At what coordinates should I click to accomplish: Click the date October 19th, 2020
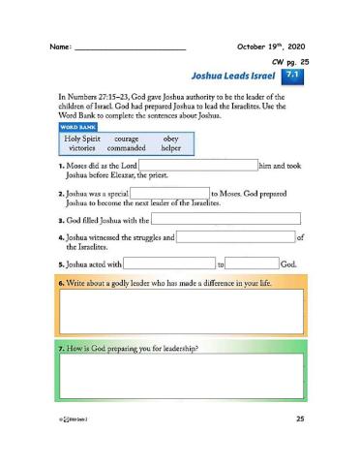tap(272, 46)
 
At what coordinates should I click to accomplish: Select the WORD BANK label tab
tap(77, 126)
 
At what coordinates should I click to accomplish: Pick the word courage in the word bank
tap(128, 139)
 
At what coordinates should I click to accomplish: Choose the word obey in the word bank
tap(171, 139)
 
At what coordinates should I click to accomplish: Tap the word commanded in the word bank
tap(127, 150)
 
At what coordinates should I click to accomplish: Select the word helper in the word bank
tap(171, 150)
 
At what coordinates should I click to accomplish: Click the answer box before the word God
tap(253, 263)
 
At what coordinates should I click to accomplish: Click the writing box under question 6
tap(181, 310)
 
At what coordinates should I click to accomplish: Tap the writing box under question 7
tap(181, 376)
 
